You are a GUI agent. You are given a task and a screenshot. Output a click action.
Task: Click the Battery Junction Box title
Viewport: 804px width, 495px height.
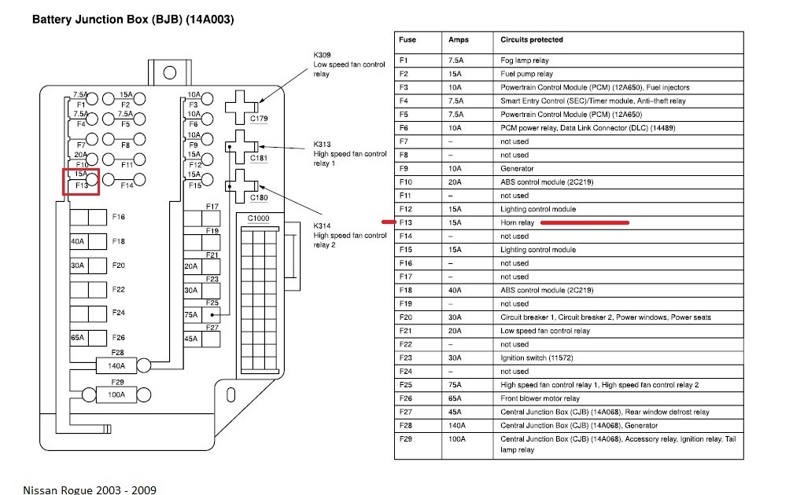tap(132, 19)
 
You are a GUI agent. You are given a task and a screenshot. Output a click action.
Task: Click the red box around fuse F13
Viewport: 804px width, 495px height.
tap(81, 180)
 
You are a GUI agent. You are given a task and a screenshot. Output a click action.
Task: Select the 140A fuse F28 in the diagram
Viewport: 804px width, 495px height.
tap(116, 365)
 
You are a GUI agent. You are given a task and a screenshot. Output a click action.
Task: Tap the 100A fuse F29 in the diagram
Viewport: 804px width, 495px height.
tap(116, 394)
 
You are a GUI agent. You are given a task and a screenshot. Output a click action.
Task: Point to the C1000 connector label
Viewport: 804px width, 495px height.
tap(258, 218)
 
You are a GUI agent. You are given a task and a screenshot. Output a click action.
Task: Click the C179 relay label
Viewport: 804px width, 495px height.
tap(259, 119)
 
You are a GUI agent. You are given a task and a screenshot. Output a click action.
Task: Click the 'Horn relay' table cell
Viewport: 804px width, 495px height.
tap(517, 222)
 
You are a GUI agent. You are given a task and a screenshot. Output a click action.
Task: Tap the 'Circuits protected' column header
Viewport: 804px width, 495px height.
tap(532, 39)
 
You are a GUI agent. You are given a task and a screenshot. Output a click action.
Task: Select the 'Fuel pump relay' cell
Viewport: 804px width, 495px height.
tap(526, 74)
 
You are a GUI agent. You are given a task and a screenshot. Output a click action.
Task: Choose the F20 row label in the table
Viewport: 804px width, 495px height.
tap(406, 317)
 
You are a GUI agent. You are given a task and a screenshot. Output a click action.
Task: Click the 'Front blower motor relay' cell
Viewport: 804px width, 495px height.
tap(540, 398)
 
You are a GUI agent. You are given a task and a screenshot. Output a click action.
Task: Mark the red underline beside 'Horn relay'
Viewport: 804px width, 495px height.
tap(585, 222)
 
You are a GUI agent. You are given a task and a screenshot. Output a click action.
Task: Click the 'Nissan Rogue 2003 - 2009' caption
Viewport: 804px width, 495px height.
tap(89, 489)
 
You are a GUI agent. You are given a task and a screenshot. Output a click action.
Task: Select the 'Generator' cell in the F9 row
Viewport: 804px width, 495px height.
tap(517, 168)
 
